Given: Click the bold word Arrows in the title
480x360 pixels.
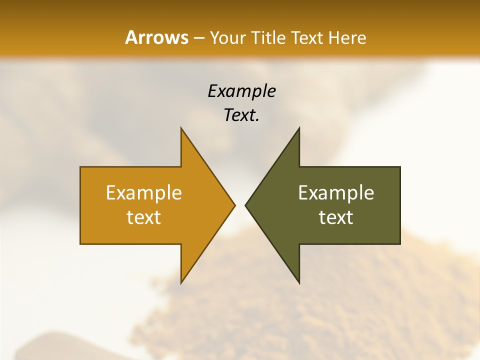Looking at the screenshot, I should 156,37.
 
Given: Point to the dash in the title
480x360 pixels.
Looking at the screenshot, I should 199,38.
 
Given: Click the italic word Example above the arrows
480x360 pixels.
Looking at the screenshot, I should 241,91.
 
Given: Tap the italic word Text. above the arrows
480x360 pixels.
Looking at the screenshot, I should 241,115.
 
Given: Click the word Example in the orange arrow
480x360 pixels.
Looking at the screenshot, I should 144,193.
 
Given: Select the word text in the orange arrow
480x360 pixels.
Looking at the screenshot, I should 144,217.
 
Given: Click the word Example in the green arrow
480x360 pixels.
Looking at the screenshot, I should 336,193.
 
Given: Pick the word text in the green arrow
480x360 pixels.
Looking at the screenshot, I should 336,217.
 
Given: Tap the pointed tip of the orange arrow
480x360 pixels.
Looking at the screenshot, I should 234,205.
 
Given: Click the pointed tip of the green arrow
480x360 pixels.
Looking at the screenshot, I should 245,205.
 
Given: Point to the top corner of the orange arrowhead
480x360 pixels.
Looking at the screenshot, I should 181,128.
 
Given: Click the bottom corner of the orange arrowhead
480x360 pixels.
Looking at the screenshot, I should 181,282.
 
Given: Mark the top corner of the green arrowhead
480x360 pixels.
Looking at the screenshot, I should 299,128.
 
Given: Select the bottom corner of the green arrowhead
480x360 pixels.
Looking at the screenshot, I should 299,282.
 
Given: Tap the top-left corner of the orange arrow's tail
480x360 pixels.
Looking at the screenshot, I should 81,167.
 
